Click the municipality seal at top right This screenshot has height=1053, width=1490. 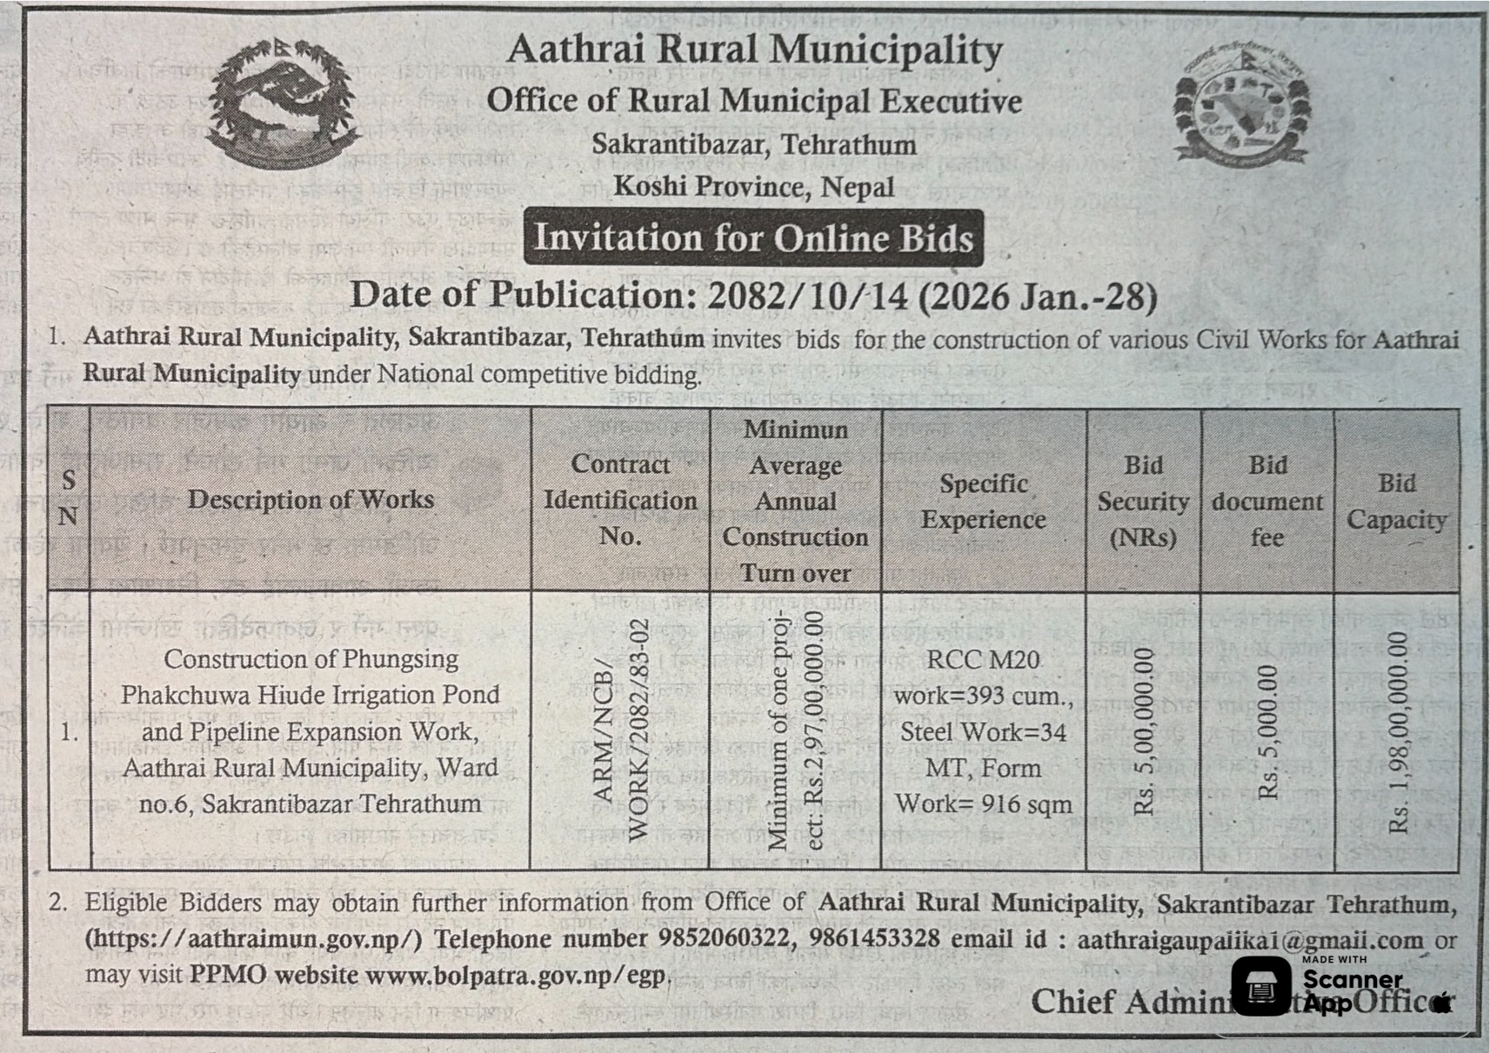pyautogui.click(x=1241, y=105)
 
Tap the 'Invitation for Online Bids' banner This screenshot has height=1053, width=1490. pyautogui.click(x=753, y=238)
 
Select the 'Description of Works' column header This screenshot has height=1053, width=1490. pyautogui.click(x=311, y=500)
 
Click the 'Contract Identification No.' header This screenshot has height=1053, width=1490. pyautogui.click(x=620, y=500)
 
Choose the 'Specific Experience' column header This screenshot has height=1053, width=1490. pyautogui.click(x=983, y=502)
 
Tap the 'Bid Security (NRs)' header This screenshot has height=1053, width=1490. pyautogui.click(x=1143, y=502)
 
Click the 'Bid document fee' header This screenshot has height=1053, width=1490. pyautogui.click(x=1267, y=502)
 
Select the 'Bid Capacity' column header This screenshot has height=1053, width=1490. pyautogui.click(x=1396, y=502)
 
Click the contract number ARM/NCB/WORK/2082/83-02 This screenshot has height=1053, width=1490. pyautogui.click(x=620, y=730)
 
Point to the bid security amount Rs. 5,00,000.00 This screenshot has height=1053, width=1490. pyautogui.click(x=1144, y=730)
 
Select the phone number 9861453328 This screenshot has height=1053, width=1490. pyautogui.click(x=874, y=939)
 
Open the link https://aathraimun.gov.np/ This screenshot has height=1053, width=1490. pyautogui.click(x=254, y=939)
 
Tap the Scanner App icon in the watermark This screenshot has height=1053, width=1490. pyautogui.click(x=1260, y=985)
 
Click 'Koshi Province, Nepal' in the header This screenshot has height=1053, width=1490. pyautogui.click(x=753, y=187)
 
